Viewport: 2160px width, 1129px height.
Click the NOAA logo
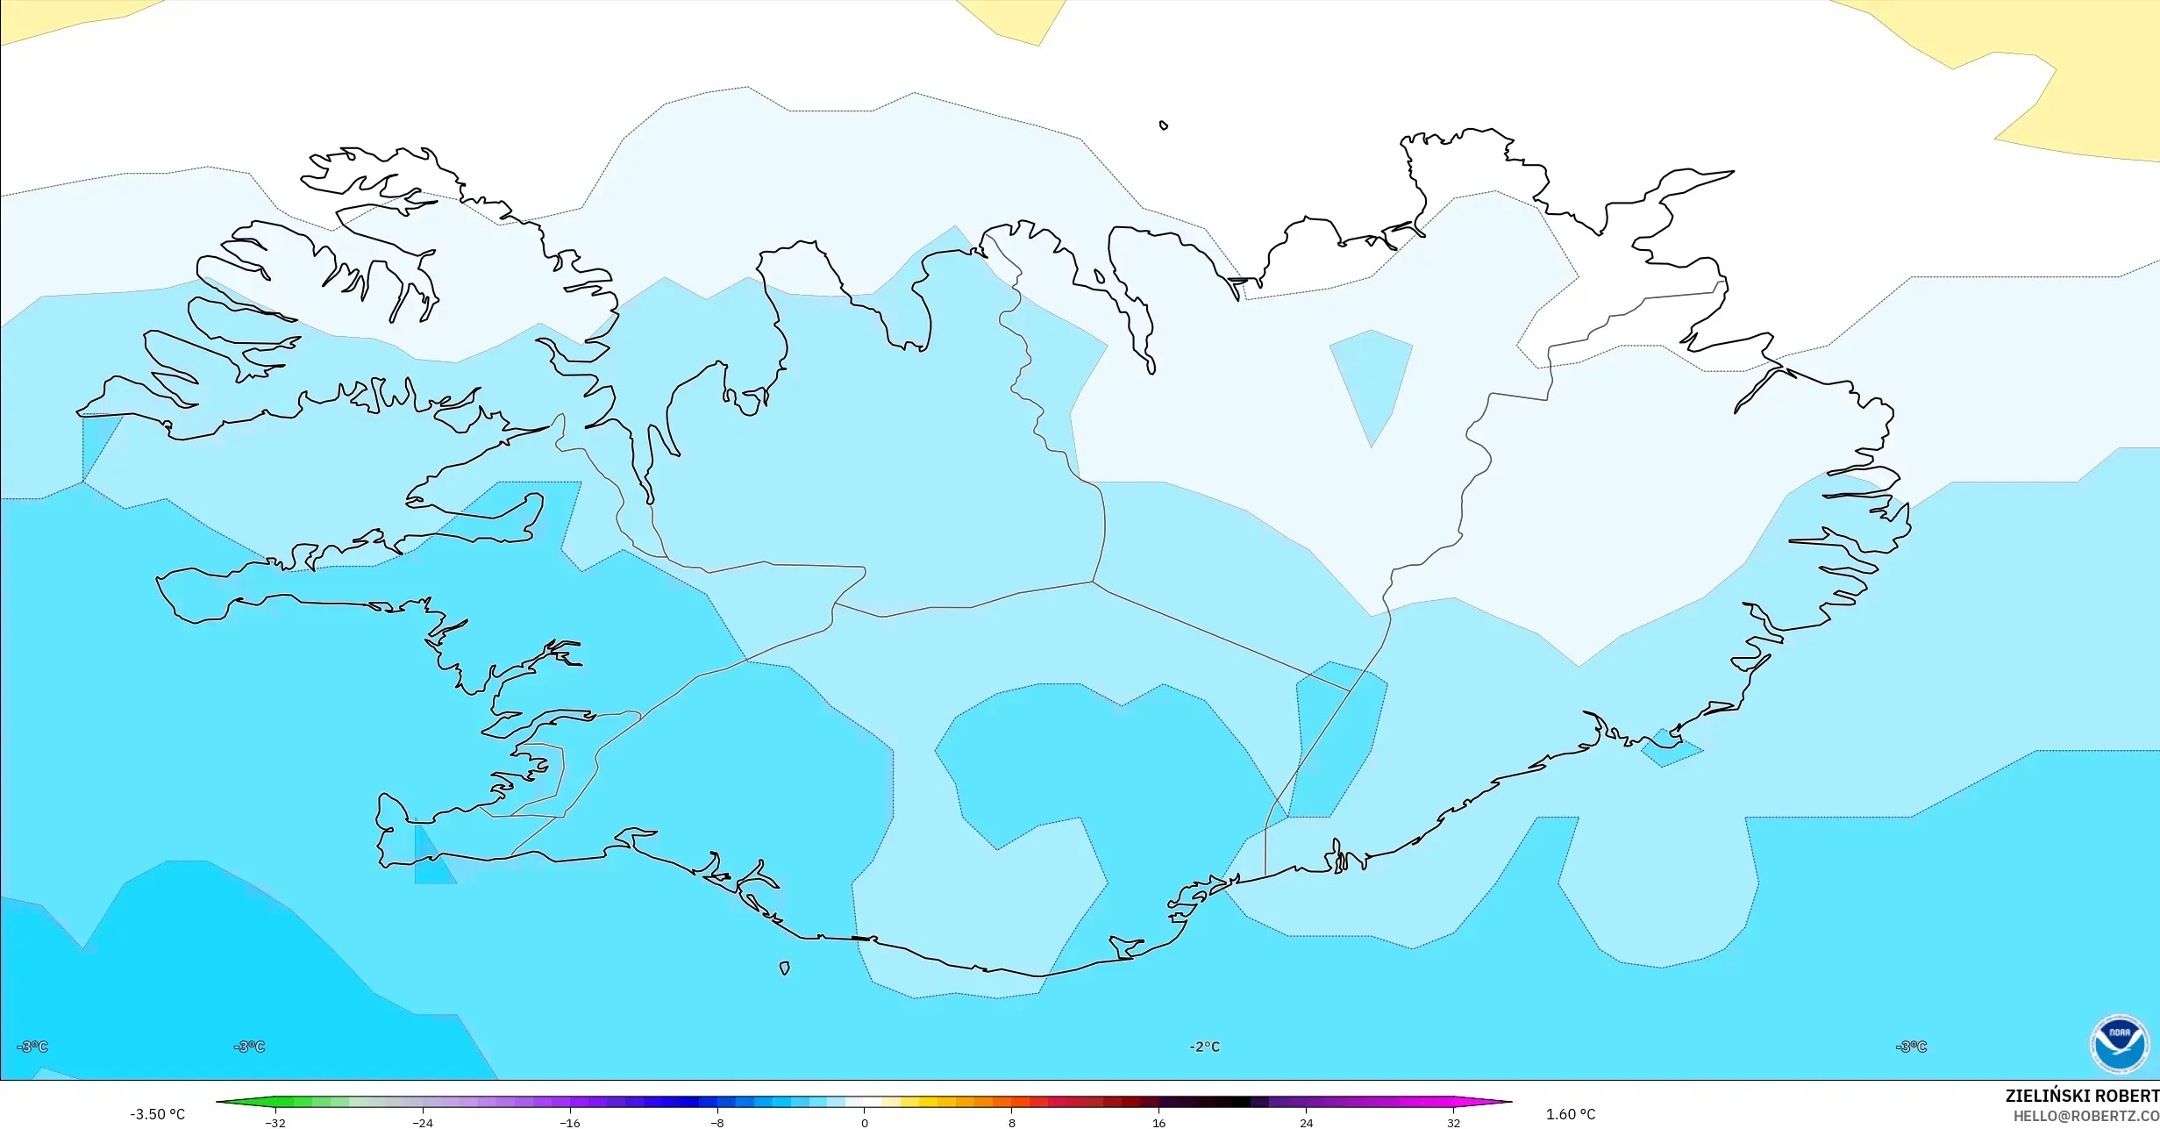coord(2119,1044)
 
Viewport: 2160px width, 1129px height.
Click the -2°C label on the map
coord(1204,1047)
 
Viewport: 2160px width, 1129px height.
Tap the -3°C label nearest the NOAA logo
coord(1911,1047)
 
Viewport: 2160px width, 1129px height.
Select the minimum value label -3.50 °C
coord(158,1114)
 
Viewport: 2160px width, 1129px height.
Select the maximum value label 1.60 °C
coord(1570,1114)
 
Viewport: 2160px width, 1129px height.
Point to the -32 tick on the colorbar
coord(275,1123)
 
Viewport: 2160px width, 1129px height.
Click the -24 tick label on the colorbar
coord(423,1123)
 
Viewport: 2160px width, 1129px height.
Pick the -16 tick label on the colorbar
coord(570,1123)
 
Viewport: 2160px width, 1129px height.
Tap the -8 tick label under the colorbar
coord(717,1123)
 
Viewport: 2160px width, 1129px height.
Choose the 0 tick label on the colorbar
coord(865,1123)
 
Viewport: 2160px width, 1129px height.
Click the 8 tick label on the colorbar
coord(1012,1123)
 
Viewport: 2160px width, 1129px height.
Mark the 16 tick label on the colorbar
coord(1158,1123)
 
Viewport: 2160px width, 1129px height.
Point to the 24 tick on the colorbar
coord(1306,1123)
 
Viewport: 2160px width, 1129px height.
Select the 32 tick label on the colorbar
coord(1453,1123)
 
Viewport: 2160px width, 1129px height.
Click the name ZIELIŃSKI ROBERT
coord(2081,1096)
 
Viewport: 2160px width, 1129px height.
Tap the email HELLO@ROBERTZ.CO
coord(2085,1116)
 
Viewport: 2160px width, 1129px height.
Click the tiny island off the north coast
coord(1164,125)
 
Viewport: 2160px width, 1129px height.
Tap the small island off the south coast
coord(784,968)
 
